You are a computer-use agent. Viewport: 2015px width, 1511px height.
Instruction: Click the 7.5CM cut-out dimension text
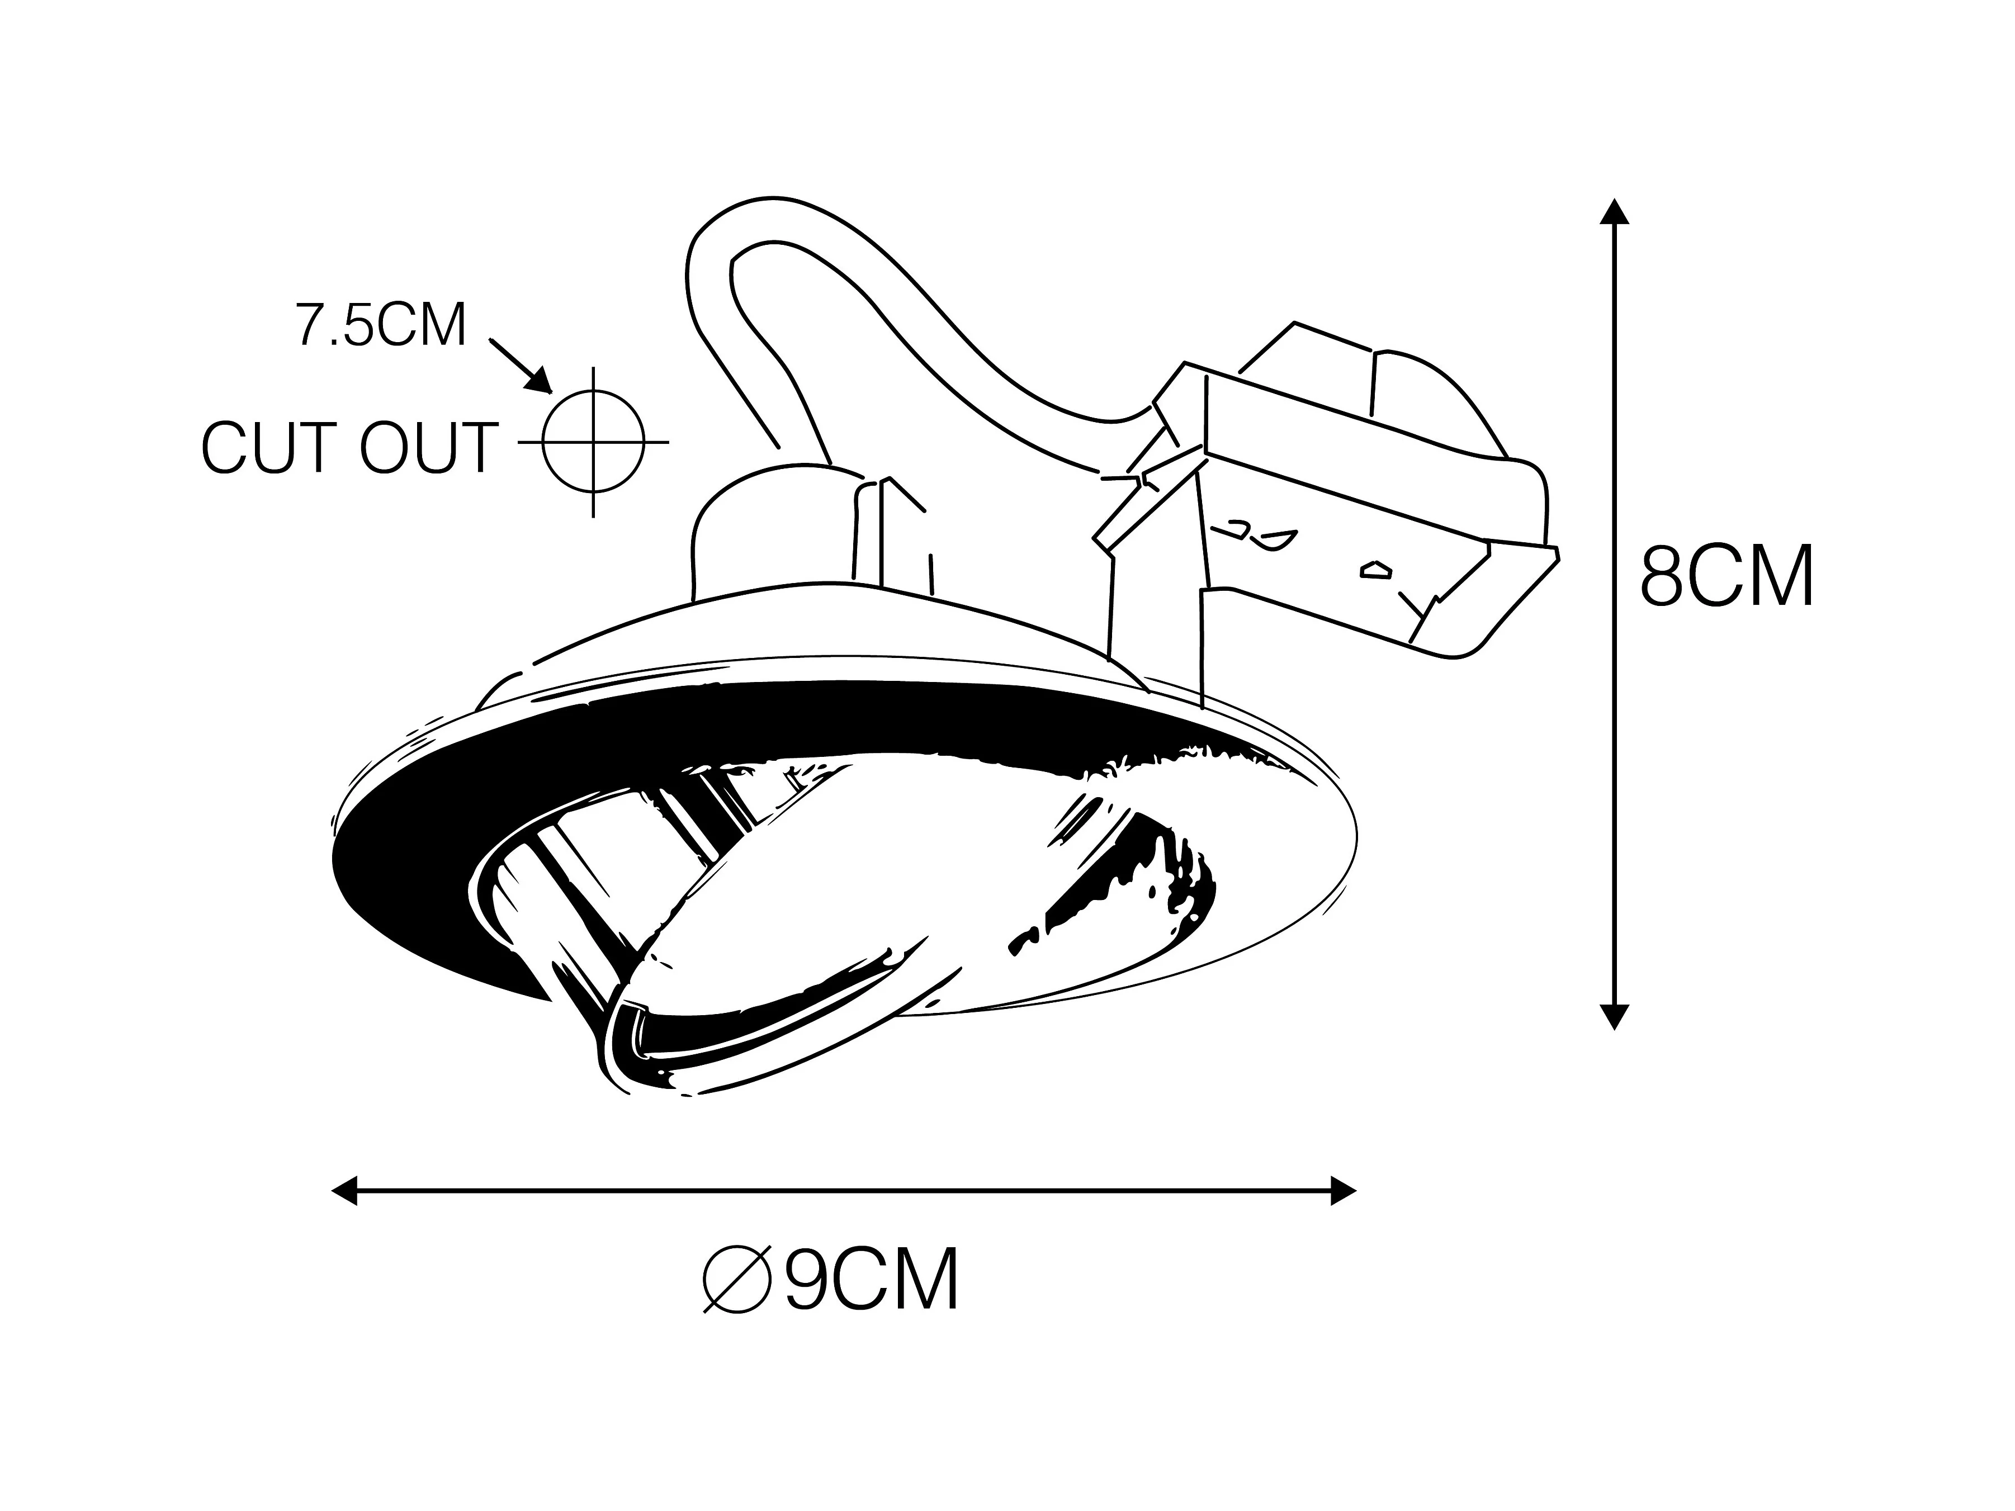(x=381, y=325)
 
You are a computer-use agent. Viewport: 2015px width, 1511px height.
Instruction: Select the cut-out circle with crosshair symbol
(x=593, y=442)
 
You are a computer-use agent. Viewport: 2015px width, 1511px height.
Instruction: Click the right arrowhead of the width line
(x=1343, y=1190)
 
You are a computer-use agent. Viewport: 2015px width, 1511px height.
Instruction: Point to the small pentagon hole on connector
(x=1375, y=571)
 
